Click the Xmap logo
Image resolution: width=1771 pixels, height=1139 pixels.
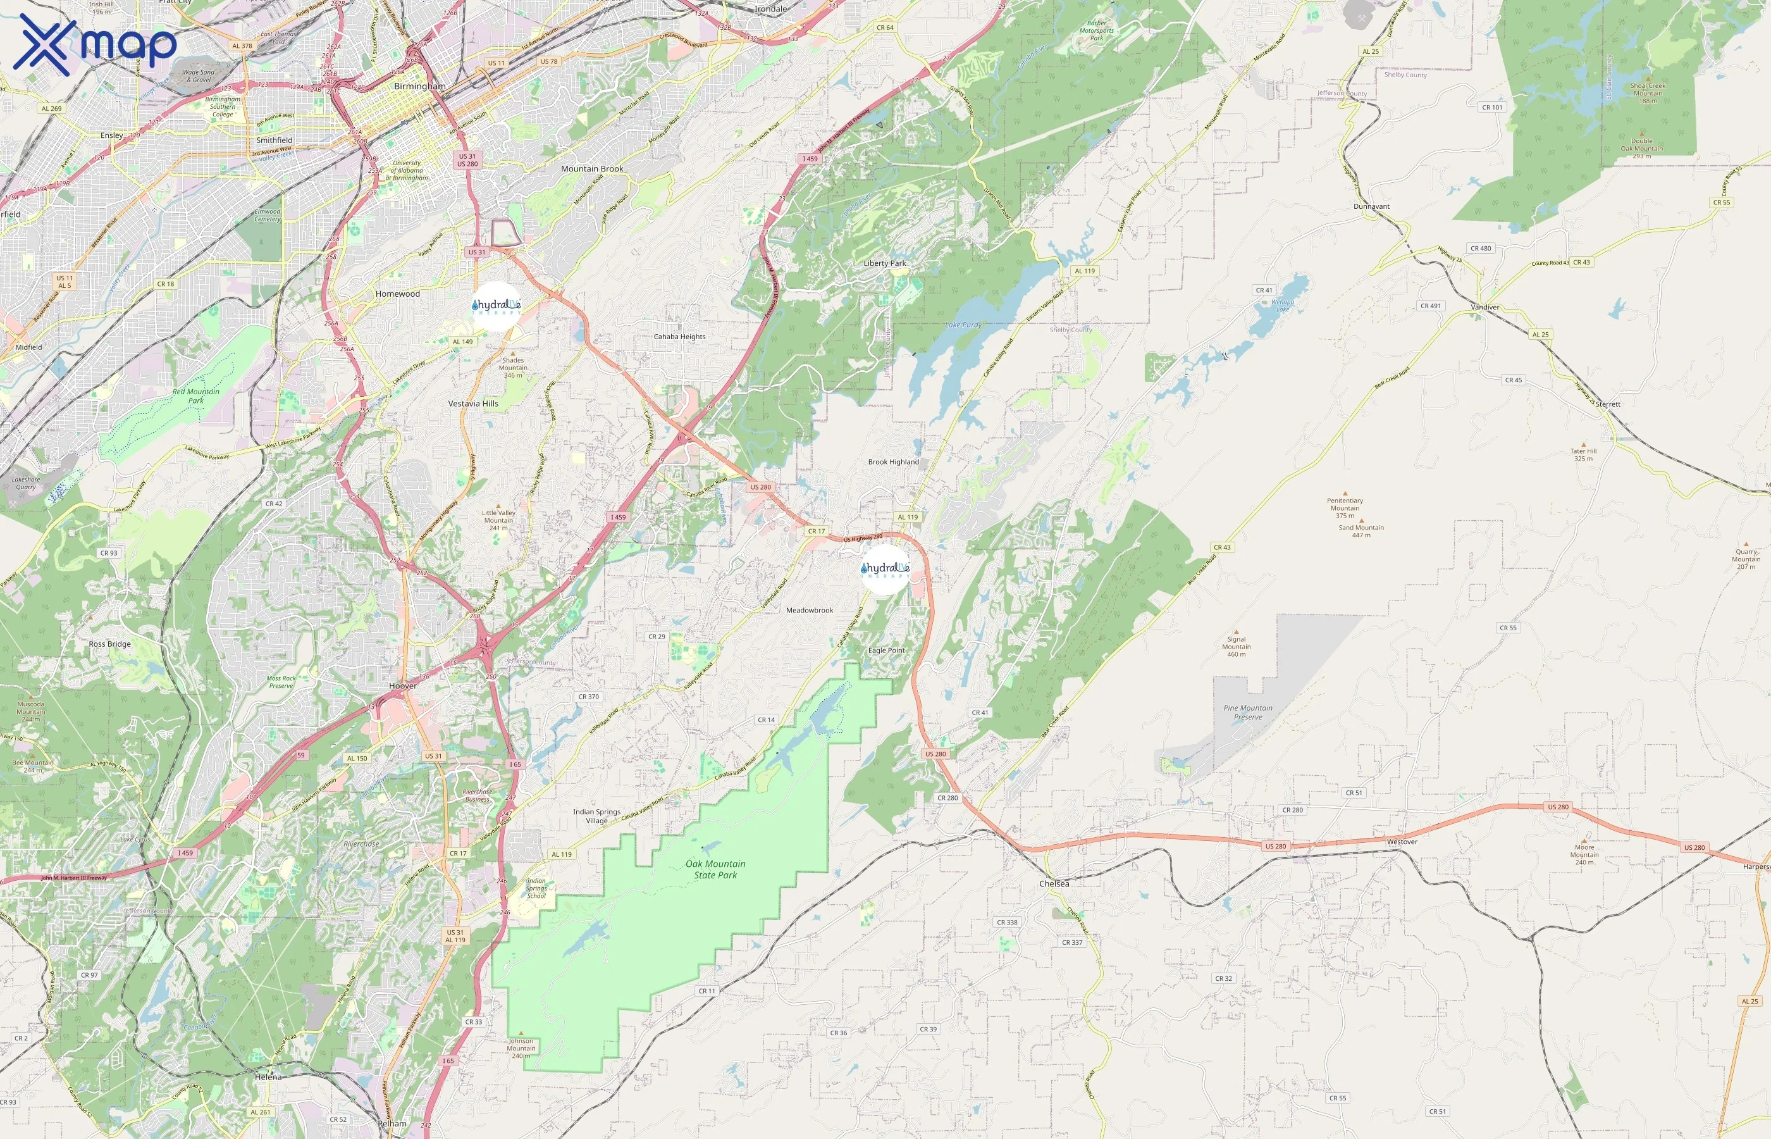pos(95,44)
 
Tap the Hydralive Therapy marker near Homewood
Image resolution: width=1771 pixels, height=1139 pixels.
pos(497,306)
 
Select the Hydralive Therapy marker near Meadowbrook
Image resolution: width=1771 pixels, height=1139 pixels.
pos(885,569)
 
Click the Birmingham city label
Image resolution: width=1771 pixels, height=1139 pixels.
pos(420,87)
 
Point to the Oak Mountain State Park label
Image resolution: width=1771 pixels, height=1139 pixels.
pos(715,869)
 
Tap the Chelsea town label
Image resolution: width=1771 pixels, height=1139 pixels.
pos(1054,884)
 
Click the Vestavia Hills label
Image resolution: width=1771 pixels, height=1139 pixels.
pos(473,404)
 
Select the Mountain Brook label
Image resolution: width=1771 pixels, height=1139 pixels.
pos(592,168)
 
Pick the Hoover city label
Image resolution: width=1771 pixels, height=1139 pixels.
pos(403,686)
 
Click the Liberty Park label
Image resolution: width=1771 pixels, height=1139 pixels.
pos(885,263)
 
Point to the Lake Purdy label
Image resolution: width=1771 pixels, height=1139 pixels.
pos(964,325)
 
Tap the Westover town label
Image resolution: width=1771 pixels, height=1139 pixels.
pos(1402,842)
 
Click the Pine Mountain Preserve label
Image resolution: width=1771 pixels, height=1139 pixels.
pos(1248,713)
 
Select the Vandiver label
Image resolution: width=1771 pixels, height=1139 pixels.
pos(1485,307)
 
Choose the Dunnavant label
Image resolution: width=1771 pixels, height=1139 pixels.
pos(1372,206)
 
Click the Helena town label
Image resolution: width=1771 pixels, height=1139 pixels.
pos(268,1077)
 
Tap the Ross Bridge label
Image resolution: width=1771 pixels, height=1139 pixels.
pos(109,644)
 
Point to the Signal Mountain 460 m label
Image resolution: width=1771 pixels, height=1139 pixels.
pos(1237,647)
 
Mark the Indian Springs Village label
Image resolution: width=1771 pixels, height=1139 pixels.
pos(596,816)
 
